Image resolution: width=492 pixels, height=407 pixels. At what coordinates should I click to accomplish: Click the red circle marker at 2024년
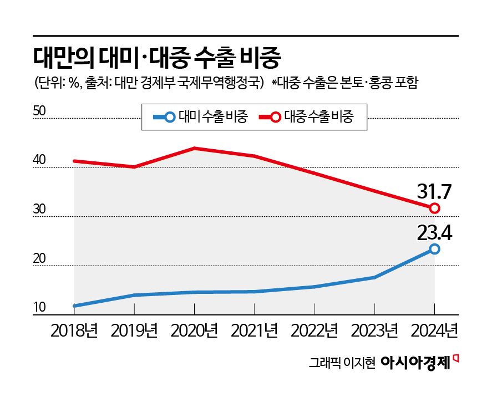(435, 208)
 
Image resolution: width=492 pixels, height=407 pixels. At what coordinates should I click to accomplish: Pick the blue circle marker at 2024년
(435, 250)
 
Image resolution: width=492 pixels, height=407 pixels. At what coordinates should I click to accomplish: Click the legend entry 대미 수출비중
(200, 117)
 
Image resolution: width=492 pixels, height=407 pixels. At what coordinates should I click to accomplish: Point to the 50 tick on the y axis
(40, 111)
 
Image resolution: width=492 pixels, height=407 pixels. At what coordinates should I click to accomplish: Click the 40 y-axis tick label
(40, 161)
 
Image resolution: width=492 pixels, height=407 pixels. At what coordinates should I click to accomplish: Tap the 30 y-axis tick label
(40, 210)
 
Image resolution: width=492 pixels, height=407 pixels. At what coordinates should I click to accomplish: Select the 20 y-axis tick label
(40, 259)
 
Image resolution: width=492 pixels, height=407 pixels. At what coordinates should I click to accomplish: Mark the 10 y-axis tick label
(40, 308)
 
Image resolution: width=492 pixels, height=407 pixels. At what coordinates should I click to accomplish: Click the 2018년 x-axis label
(74, 331)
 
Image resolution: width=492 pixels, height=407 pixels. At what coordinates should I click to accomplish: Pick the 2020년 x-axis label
(195, 331)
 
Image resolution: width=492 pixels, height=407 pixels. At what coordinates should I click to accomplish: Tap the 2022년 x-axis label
(315, 331)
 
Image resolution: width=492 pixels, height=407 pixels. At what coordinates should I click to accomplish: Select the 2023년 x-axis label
(375, 331)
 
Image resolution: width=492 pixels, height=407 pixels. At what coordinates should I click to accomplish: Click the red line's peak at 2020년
(195, 148)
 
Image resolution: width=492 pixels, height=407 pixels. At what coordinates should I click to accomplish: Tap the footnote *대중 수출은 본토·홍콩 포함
(344, 84)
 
